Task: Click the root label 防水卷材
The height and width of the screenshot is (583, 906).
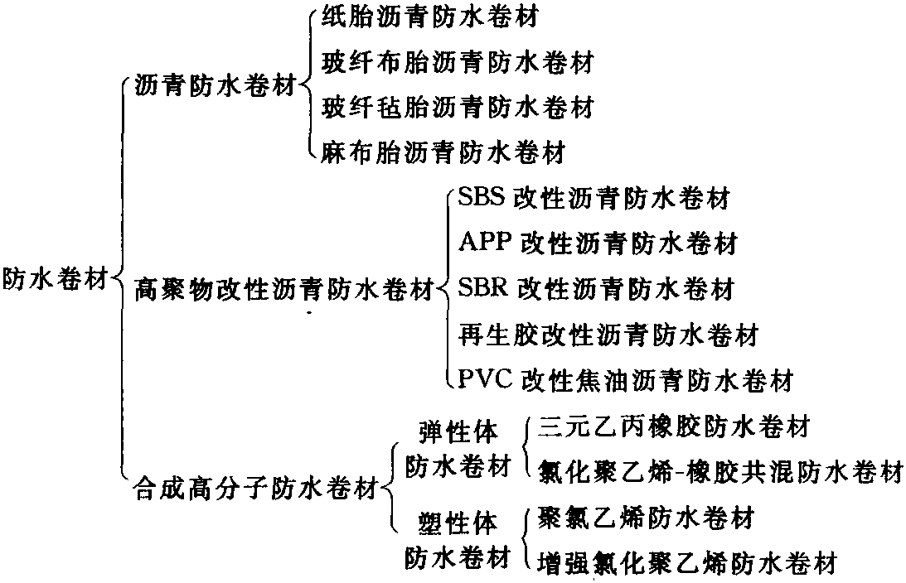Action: pos(56,279)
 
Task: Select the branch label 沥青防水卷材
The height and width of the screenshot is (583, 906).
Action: pos(215,87)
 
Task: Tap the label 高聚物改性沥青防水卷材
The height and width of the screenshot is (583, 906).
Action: pos(284,288)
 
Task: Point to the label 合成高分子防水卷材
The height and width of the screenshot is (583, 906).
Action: pos(256,489)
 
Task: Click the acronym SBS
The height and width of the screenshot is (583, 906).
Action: pos(482,197)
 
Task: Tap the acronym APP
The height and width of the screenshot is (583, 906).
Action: pos(486,242)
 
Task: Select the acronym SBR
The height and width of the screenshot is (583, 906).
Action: pos(483,287)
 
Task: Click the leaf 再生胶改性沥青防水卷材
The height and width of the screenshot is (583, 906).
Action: pos(608,335)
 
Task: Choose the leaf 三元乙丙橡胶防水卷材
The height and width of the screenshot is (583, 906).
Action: pos(674,426)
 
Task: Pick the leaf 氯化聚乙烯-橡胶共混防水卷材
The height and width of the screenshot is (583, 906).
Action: pos(720,471)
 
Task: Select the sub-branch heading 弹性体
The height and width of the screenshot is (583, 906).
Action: pos(458,431)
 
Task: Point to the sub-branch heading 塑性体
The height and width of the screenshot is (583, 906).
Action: pos(458,523)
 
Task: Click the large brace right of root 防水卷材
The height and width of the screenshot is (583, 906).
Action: pos(119,279)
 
